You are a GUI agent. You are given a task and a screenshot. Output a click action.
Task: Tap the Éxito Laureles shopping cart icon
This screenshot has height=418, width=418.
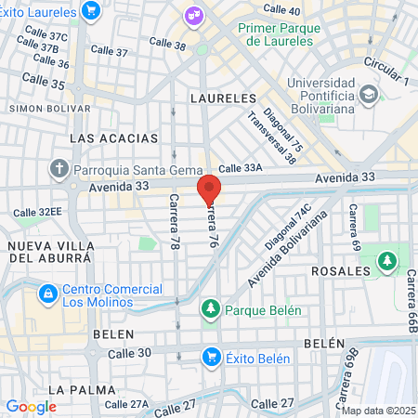pos(91,11)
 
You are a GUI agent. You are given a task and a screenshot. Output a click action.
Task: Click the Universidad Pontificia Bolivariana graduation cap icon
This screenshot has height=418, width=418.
pos(369,94)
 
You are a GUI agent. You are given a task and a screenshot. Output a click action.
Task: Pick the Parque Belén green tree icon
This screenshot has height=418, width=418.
pos(211,308)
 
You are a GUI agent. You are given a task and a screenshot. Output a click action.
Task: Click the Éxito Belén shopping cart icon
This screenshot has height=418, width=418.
pos(212,358)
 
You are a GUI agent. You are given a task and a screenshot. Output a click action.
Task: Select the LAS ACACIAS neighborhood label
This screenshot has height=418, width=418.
pos(114,138)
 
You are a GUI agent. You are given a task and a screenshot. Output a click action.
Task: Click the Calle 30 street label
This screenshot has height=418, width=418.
pos(128,353)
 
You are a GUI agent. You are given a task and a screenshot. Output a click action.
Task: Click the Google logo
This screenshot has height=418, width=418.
pos(31,406)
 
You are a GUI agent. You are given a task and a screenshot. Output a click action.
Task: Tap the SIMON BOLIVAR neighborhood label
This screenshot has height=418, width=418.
pos(38,108)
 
